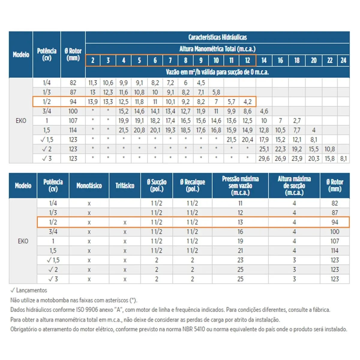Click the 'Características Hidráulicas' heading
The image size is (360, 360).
(x=217, y=37)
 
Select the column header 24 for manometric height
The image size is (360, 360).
(x=343, y=60)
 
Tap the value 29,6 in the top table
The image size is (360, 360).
(x=264, y=159)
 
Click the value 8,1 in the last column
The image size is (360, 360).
(x=343, y=159)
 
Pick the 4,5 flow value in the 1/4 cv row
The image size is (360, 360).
(x=201, y=83)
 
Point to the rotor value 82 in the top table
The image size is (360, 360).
(x=73, y=83)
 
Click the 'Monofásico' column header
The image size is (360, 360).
(x=89, y=185)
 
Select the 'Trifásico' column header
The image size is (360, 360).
(x=125, y=185)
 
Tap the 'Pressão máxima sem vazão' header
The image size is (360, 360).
(x=240, y=185)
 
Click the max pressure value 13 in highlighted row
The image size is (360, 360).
(x=240, y=222)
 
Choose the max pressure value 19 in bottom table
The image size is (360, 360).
(x=240, y=241)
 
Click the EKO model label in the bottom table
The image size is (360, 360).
(x=23, y=241)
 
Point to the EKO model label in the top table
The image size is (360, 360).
(x=21, y=121)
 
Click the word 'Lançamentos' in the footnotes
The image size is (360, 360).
(x=31, y=290)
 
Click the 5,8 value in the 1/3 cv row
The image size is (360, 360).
(x=216, y=92)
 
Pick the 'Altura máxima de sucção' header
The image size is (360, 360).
(x=294, y=185)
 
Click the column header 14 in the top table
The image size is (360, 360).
(x=264, y=60)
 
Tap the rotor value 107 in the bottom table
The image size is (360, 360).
(x=334, y=241)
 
